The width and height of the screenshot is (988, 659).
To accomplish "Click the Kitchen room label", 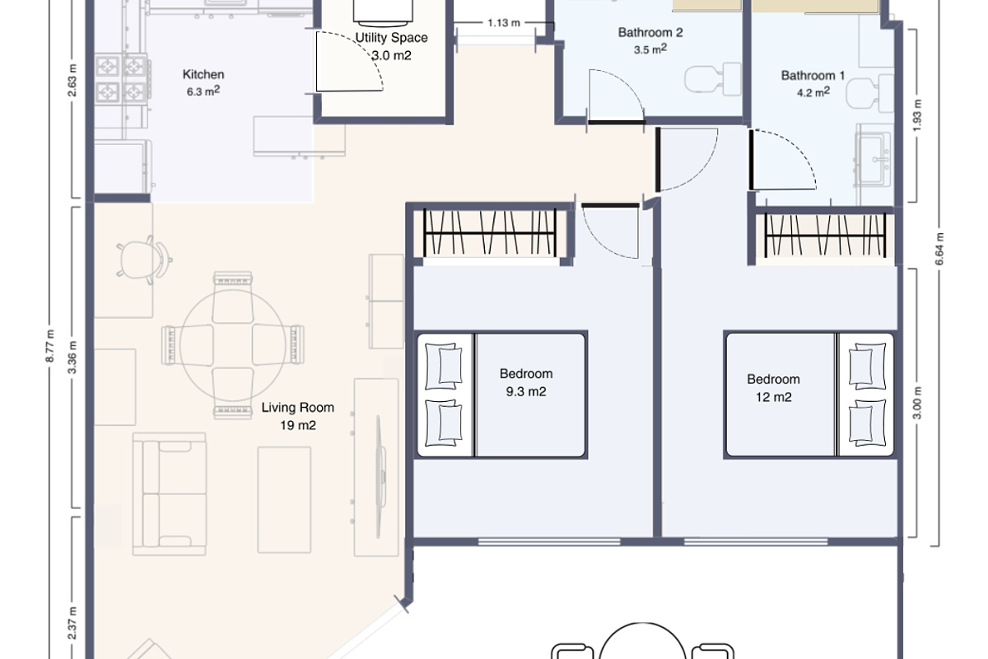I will click(203, 75).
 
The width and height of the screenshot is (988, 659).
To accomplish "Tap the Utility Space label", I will click(391, 38).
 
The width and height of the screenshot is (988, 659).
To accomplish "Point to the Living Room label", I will click(298, 407).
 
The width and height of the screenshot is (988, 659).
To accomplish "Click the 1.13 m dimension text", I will click(503, 22).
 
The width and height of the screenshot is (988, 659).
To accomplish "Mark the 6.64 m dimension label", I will click(939, 246).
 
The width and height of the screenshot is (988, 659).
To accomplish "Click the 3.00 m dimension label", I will click(918, 404).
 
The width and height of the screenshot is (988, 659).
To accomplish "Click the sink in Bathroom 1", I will click(874, 157).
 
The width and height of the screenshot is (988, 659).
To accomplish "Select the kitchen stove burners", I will click(122, 78).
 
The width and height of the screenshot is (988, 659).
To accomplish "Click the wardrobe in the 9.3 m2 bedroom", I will click(490, 232).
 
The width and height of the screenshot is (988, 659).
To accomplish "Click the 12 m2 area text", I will click(773, 397).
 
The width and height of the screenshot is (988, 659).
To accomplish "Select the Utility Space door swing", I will click(350, 62).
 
